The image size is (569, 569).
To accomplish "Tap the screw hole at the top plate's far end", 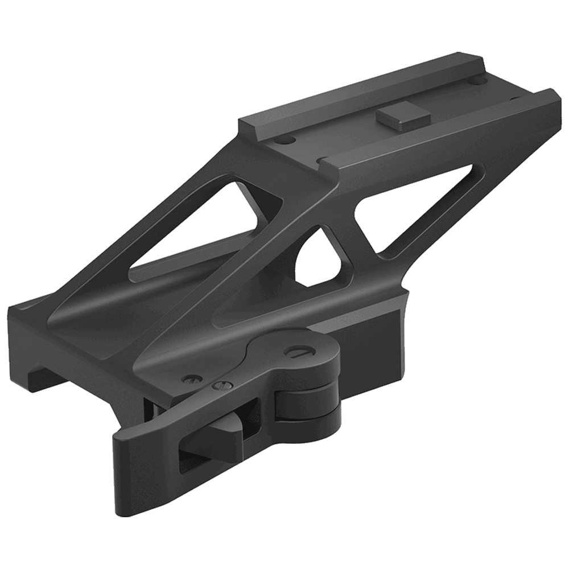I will [479, 81].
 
